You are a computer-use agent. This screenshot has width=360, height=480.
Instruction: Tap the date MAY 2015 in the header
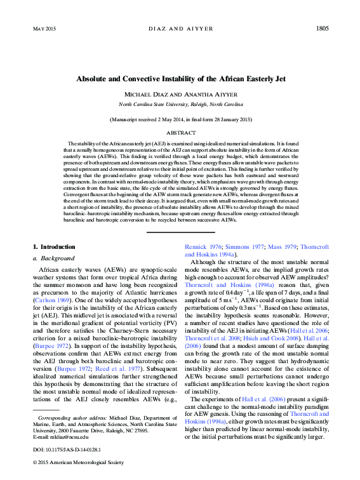click(x=43, y=29)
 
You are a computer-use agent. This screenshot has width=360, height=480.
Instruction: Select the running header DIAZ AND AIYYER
click(x=180, y=29)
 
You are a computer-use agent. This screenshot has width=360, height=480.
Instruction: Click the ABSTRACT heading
click(x=180, y=133)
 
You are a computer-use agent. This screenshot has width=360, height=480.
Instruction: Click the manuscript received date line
click(x=180, y=119)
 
